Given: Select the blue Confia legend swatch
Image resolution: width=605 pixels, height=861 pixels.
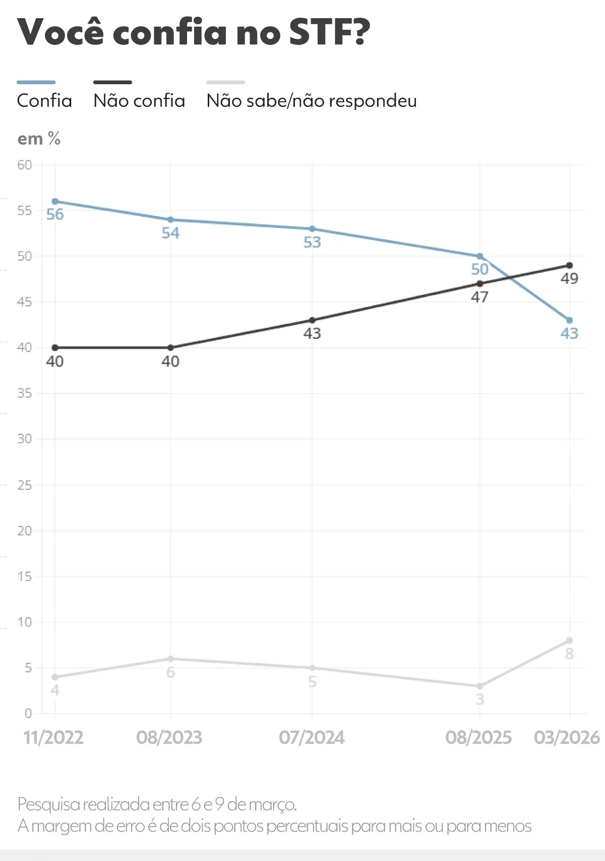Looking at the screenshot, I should (36, 82).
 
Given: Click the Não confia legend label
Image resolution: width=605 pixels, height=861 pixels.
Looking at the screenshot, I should (139, 101).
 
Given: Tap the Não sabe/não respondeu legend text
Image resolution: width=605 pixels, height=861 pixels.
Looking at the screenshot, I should (312, 101).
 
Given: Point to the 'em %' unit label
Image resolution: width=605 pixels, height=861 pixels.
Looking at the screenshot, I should (39, 139).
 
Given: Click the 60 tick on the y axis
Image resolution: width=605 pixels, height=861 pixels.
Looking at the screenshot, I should (24, 165).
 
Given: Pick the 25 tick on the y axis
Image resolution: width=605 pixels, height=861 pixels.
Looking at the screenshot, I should (24, 485).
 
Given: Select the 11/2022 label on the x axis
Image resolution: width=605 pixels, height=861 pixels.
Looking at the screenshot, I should (53, 737).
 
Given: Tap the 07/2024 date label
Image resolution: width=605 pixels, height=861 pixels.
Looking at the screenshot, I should (312, 737).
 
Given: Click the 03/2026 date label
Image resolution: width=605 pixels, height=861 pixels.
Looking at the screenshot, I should (567, 737).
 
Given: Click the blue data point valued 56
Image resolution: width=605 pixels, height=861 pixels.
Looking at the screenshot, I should (55, 201).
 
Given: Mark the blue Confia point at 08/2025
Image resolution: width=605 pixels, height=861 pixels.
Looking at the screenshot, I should (479, 256).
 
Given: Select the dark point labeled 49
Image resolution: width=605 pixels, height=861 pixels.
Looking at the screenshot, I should (569, 265).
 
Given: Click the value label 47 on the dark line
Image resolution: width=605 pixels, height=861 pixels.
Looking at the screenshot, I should (479, 297).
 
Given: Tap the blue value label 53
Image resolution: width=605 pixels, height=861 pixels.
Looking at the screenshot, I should (312, 242).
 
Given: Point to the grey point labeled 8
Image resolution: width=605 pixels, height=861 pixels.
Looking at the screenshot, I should (569, 641).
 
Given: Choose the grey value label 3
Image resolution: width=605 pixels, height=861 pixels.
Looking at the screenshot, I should (479, 699).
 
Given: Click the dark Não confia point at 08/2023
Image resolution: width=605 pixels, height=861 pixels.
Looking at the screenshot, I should (170, 348).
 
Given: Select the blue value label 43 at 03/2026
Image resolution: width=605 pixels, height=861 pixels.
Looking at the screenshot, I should (569, 333).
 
